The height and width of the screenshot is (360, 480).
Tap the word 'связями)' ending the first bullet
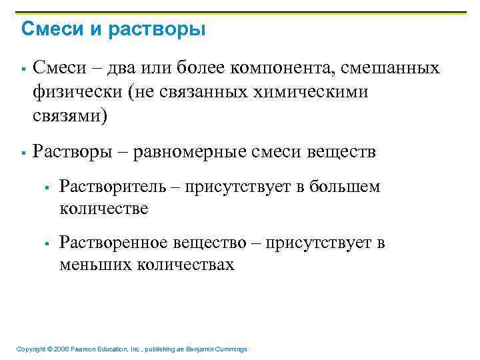coord(69,116)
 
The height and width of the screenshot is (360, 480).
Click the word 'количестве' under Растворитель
coord(104,209)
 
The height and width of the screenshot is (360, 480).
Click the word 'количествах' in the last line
coord(186,265)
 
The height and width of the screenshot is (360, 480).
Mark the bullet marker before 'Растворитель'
coord(47,188)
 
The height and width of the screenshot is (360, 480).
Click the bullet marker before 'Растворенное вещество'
coord(47,244)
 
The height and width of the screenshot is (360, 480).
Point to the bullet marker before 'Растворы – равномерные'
coord(23,153)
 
